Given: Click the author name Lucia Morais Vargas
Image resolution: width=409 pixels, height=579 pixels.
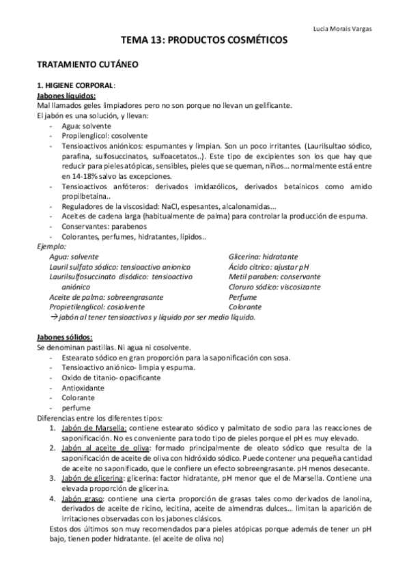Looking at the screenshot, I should point(346,29).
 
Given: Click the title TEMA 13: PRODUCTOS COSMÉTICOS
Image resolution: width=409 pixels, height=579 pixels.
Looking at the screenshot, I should point(204,42).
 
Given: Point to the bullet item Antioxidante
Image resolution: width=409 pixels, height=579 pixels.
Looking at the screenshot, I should point(83,387).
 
